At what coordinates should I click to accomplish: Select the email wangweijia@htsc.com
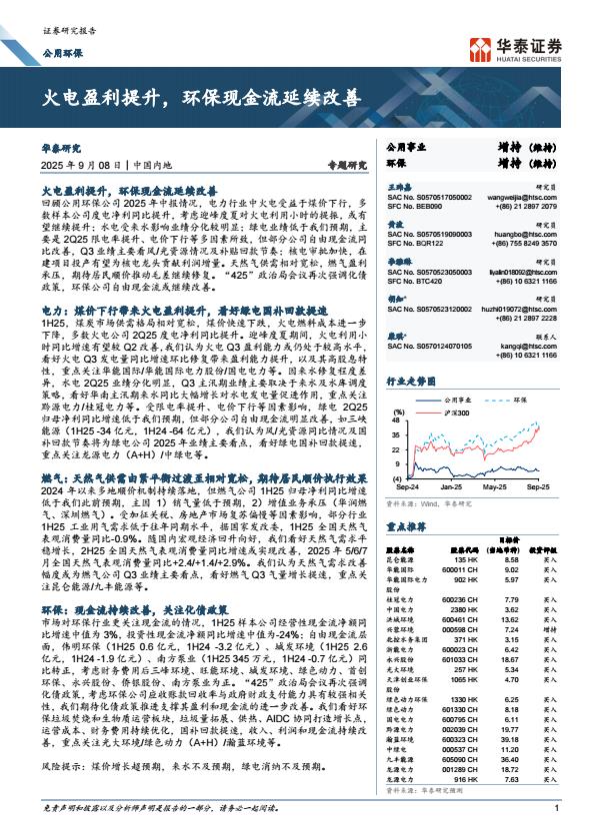pyautogui.click(x=522, y=199)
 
